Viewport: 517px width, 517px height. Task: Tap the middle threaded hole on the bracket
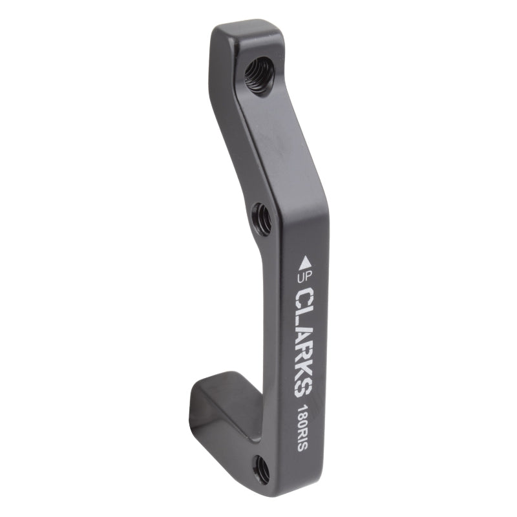pyautogui.click(x=262, y=218)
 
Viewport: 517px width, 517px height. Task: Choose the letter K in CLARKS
pyautogui.click(x=304, y=370)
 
